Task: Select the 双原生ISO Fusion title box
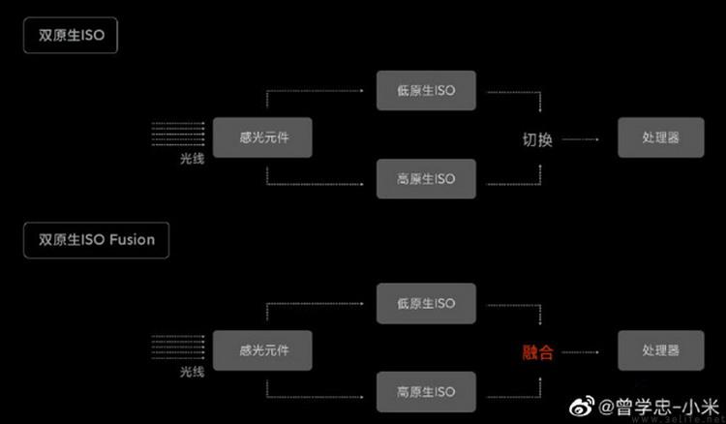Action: (97, 239)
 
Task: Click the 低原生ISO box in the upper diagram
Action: (425, 91)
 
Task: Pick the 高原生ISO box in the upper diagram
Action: (425, 179)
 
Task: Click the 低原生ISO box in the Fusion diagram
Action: (425, 303)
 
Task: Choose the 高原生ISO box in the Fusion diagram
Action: (425, 391)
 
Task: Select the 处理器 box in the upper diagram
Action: (660, 137)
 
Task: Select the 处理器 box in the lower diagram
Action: (660, 349)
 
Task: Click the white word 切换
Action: (537, 139)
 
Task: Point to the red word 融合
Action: (537, 352)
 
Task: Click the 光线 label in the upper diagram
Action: (192, 158)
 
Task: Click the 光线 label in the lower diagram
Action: (192, 371)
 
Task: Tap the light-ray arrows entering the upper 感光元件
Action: (179, 135)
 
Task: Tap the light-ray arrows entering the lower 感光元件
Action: (179, 348)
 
